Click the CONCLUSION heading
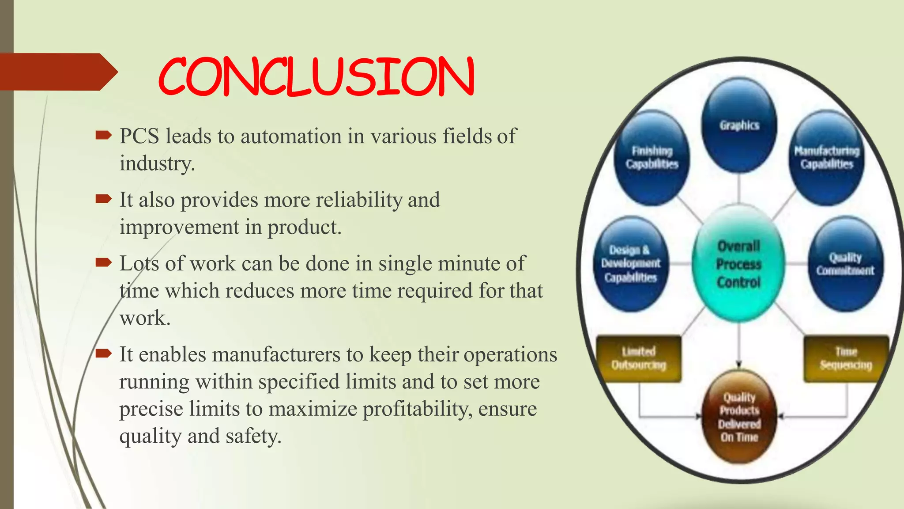[x=316, y=77]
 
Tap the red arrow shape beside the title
[x=57, y=72]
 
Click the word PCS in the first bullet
[x=139, y=136]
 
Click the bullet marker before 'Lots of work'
[x=104, y=263]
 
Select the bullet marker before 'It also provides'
[x=104, y=199]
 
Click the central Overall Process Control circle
[x=738, y=264]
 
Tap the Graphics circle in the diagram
[x=739, y=125]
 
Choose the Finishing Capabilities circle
[x=652, y=158]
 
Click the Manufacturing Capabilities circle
[x=827, y=158]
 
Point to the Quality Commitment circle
[x=845, y=264]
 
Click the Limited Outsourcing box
[x=638, y=358]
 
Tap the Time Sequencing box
[x=846, y=358]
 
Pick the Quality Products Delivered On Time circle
[x=739, y=417]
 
